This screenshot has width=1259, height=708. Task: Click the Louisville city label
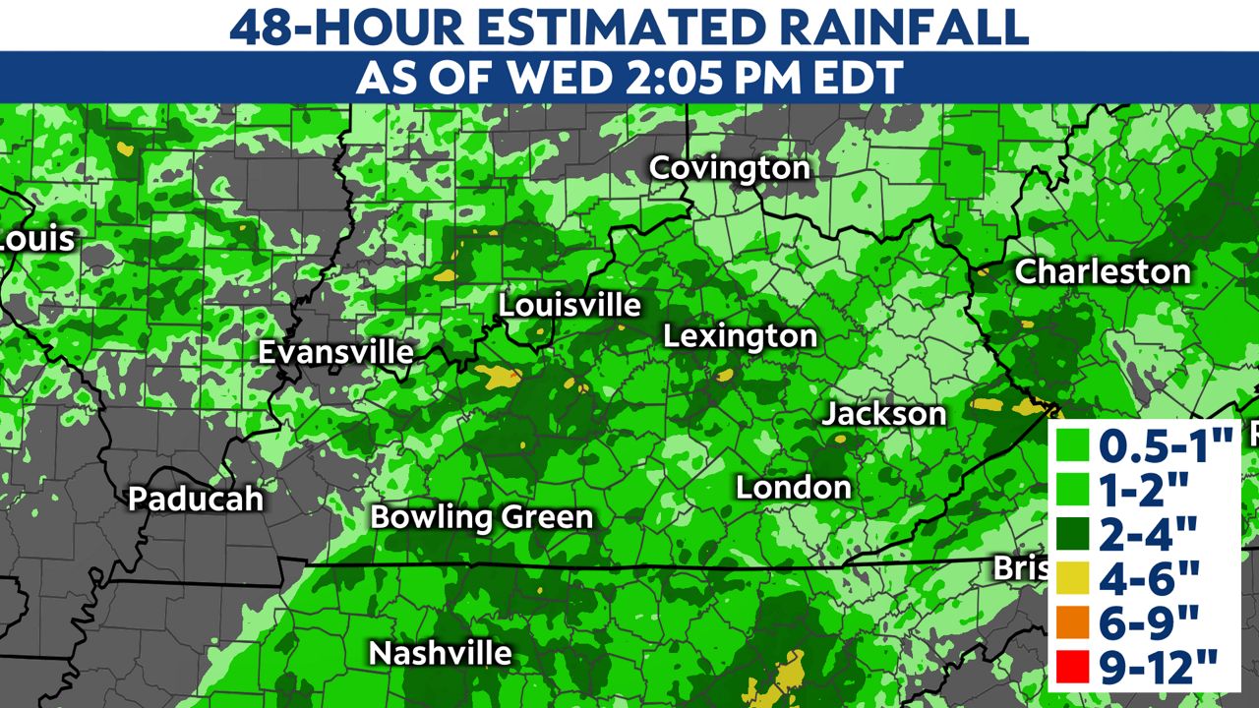pyautogui.click(x=570, y=305)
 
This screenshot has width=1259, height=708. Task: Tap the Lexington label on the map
pyautogui.click(x=740, y=336)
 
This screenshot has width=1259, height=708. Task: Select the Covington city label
pyautogui.click(x=730, y=168)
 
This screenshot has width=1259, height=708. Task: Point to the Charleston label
pyautogui.click(x=1102, y=271)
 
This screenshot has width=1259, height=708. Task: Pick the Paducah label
pyautogui.click(x=196, y=499)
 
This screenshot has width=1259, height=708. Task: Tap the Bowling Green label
pyautogui.click(x=482, y=517)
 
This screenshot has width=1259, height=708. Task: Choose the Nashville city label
pyautogui.click(x=440, y=653)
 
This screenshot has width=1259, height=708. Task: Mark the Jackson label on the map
pyautogui.click(x=883, y=414)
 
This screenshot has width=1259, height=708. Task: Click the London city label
pyautogui.click(x=794, y=487)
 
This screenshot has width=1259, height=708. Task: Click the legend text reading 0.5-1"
pyautogui.click(x=1166, y=446)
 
